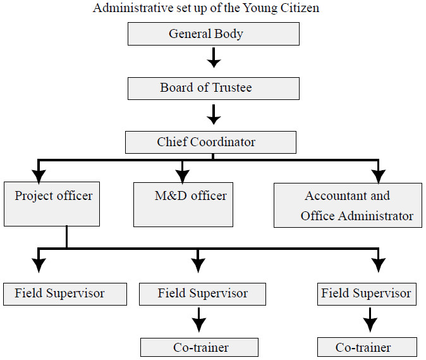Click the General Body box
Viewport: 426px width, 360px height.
pyautogui.click(x=214, y=34)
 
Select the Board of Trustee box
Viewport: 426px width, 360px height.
pyautogui.click(x=214, y=89)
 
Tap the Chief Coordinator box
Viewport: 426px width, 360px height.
pyautogui.click(x=210, y=142)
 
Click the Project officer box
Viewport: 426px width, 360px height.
pyautogui.click(x=52, y=204)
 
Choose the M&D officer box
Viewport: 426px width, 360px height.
pyautogui.click(x=183, y=204)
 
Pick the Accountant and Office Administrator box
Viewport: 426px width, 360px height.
pyautogui.click(x=348, y=205)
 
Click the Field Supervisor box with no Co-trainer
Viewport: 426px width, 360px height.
pyautogui.click(x=65, y=294)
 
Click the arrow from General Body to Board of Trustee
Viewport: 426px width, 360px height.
pyautogui.click(x=214, y=58)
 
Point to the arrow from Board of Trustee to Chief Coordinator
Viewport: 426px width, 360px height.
pyautogui.click(x=214, y=115)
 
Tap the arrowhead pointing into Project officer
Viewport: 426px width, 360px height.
pyautogui.click(x=39, y=177)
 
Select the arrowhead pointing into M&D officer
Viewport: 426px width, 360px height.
pyautogui.click(x=182, y=177)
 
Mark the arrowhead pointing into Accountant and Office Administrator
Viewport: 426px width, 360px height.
pyautogui.click(x=379, y=177)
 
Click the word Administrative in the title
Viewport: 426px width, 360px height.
pyautogui.click(x=133, y=8)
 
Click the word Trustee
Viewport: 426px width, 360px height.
pyautogui.click(x=232, y=87)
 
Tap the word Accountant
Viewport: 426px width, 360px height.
pyautogui.click(x=333, y=196)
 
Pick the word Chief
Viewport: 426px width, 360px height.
pyautogui.click(x=173, y=142)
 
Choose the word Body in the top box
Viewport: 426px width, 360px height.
pyautogui.click(x=228, y=34)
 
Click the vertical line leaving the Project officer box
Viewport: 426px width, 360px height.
pyautogui.click(x=66, y=237)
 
